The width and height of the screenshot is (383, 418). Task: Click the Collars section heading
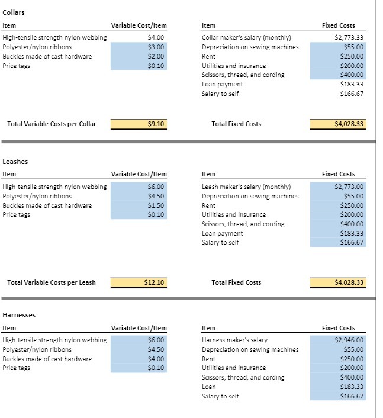coord(14,12)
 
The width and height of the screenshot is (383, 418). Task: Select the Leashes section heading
coord(15,161)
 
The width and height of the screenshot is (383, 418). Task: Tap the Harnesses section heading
coord(19,315)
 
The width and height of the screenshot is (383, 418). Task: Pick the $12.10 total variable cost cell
coord(154,282)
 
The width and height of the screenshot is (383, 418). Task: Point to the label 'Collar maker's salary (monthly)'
coord(246,37)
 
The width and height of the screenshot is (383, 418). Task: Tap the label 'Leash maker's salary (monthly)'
coord(247,187)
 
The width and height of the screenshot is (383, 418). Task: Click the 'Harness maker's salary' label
coord(234,340)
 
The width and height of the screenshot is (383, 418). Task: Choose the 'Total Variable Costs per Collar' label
coord(52,124)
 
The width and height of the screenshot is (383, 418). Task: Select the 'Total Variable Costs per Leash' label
coord(51,282)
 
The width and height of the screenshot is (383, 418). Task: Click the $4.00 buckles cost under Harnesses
coord(156,359)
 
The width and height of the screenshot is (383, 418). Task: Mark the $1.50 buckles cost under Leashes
coord(156,205)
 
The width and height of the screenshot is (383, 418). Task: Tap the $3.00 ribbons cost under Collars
coord(156,47)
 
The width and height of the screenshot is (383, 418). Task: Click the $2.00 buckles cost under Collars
coord(156,56)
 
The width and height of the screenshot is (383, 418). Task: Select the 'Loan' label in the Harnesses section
coord(209,387)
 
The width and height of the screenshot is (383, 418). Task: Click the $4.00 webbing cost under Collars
coord(156,37)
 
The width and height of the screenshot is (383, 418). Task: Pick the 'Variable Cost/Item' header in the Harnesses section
coord(139,328)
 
